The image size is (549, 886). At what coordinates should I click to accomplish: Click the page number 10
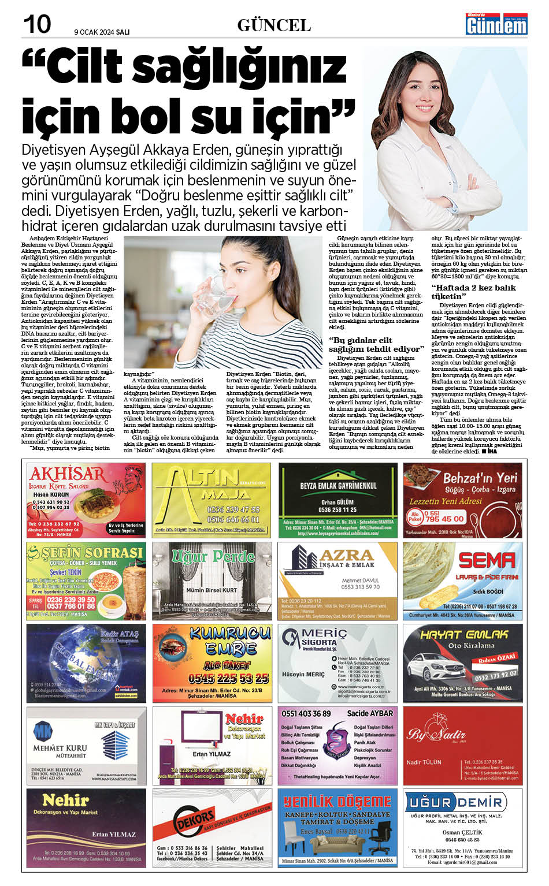37,24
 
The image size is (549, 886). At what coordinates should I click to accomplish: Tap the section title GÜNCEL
274,25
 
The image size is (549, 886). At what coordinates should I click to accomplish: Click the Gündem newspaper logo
496,24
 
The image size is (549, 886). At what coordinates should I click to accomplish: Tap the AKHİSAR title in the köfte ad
68,474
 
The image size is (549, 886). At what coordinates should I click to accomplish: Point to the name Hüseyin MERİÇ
303,674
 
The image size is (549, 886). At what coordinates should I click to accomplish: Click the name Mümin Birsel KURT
212,590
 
